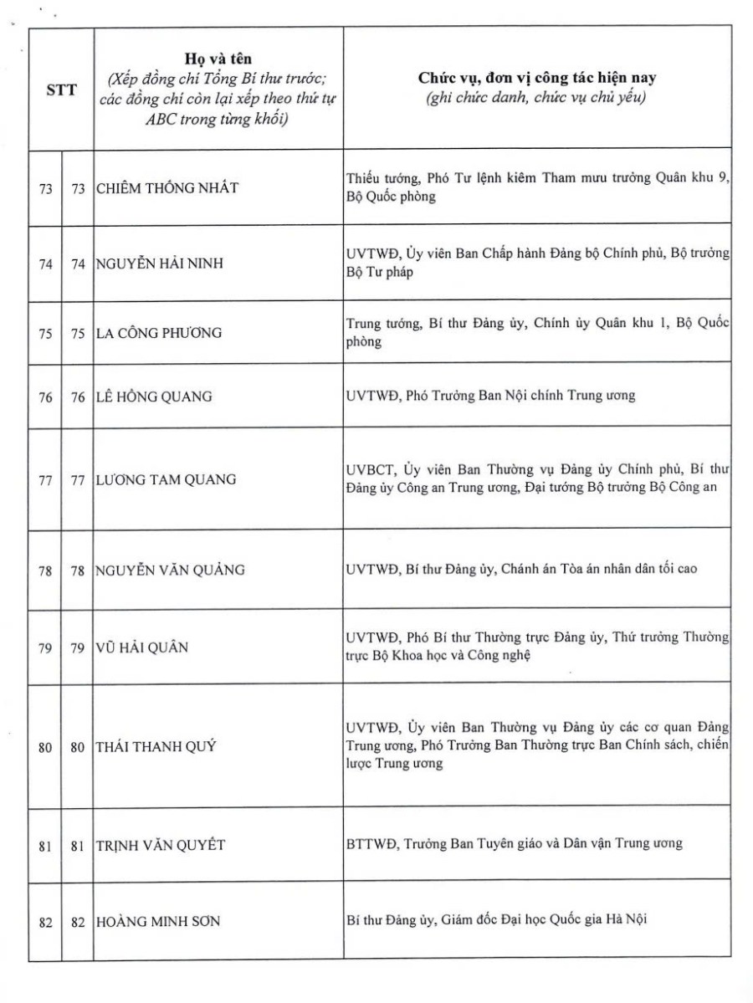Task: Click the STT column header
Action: click(x=62, y=90)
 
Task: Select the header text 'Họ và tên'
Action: click(x=218, y=59)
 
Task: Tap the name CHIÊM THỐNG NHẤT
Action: click(x=166, y=188)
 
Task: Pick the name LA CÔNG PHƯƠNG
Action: click(x=159, y=333)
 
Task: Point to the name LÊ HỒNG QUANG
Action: click(x=154, y=397)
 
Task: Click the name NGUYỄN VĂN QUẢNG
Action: click(x=170, y=571)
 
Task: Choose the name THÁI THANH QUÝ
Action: click(x=156, y=747)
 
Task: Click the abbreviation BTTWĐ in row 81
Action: click(x=371, y=843)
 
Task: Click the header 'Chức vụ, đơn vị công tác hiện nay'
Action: click(x=536, y=78)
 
